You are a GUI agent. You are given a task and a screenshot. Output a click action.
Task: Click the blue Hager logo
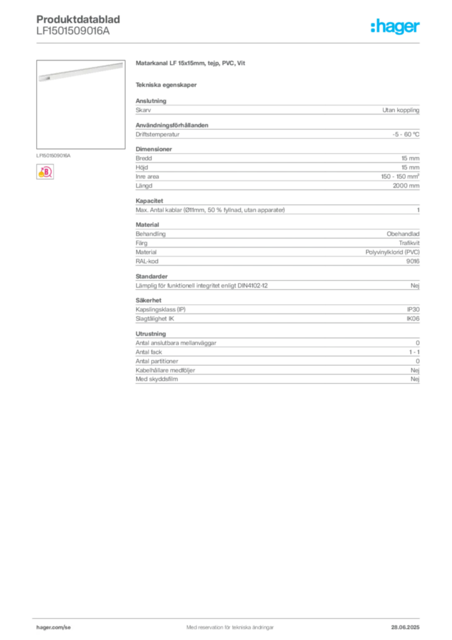[x=396, y=27]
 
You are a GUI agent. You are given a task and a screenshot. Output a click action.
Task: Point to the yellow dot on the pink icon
[x=41, y=175]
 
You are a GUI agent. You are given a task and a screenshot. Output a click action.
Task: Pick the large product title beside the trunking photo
[x=192, y=64]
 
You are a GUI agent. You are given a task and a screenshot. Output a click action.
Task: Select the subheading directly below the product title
[x=167, y=85]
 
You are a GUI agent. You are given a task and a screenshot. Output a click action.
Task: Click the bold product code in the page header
[x=79, y=17]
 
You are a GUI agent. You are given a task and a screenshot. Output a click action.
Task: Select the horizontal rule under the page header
[x=230, y=42]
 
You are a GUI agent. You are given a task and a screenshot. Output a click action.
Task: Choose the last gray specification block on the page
[x=277, y=359]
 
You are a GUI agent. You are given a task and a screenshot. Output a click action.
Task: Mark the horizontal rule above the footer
[x=230, y=617]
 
